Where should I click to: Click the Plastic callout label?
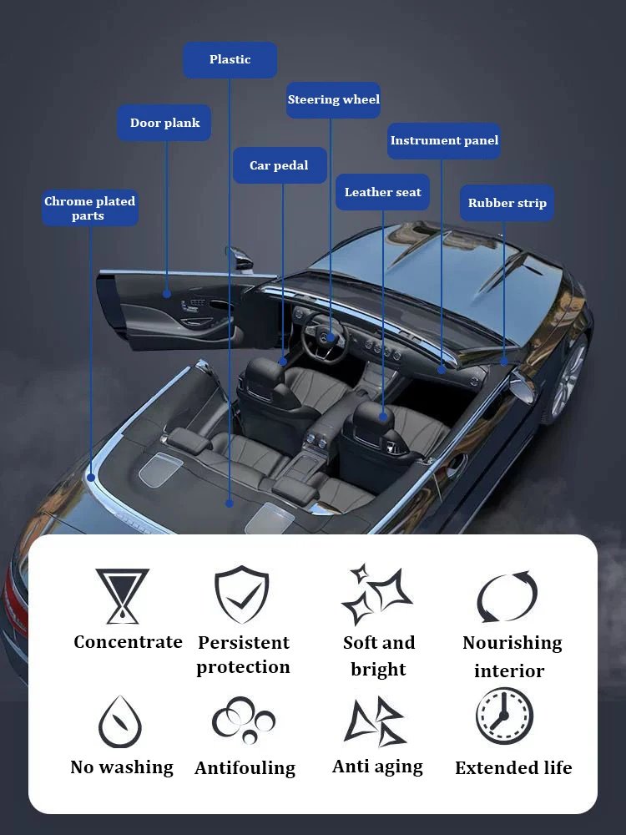point(230,60)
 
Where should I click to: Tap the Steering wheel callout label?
point(333,100)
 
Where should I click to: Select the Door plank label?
point(164,124)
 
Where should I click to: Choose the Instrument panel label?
point(444,141)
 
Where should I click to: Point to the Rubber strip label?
point(507,204)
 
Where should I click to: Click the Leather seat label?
point(382,193)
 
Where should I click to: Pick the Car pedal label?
point(279,166)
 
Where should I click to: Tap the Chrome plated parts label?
point(89,209)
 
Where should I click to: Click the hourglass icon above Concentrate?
point(122,596)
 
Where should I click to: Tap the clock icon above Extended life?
point(504,716)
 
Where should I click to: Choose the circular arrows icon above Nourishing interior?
point(507,596)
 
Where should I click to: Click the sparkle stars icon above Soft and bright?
point(376,595)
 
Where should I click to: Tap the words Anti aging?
point(377,767)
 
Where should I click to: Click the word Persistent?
point(243,643)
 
